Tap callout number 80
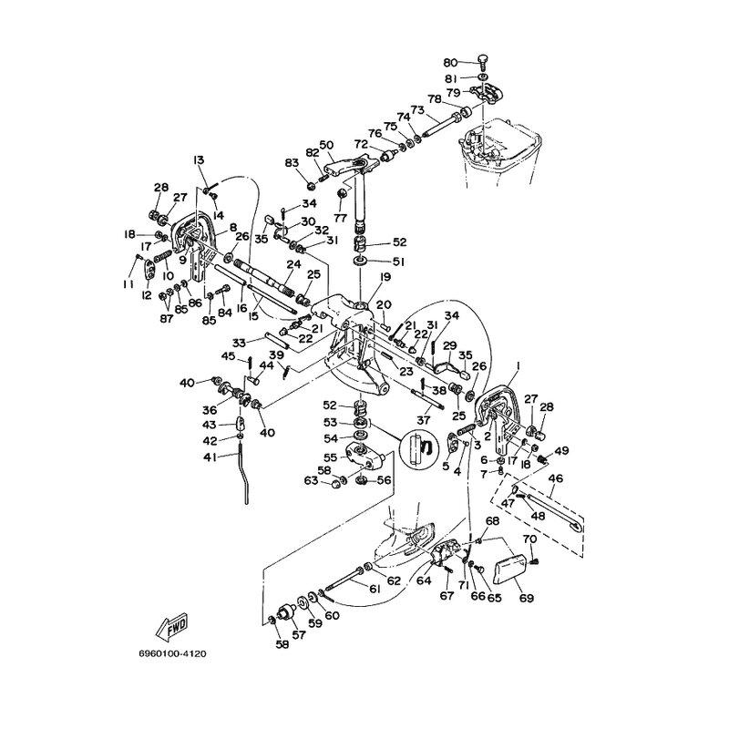coord(449,62)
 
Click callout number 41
coord(210,457)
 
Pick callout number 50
coord(326,145)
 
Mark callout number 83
coord(292,162)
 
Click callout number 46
coord(556,477)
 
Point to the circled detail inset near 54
coord(420,448)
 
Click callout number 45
coord(230,355)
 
